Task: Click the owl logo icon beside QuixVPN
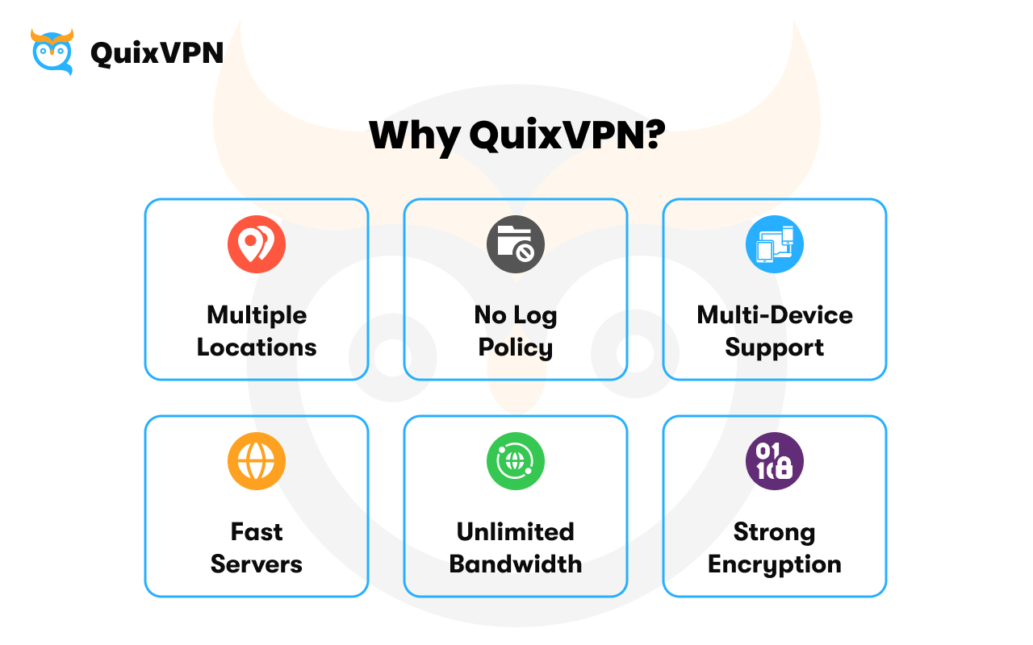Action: coord(52,52)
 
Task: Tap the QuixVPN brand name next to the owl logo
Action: coord(157,53)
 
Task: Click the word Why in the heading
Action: coord(413,135)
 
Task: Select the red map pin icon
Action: coord(257,244)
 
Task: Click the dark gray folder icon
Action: coord(516,244)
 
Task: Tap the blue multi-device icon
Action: coord(775,244)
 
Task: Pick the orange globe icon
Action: coord(257,461)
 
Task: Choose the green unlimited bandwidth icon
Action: coord(516,461)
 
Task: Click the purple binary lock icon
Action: coord(775,461)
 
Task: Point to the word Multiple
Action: coord(257,314)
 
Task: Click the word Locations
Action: coord(257,347)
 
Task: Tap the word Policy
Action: coord(516,347)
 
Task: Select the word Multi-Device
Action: coord(775,314)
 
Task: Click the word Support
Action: coord(775,347)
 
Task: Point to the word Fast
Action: coord(257,532)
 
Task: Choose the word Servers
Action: coord(257,564)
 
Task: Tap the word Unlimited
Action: coord(516,532)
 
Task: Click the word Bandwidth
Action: coord(516,564)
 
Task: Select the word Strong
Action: coord(775,532)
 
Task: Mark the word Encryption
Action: coord(775,564)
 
